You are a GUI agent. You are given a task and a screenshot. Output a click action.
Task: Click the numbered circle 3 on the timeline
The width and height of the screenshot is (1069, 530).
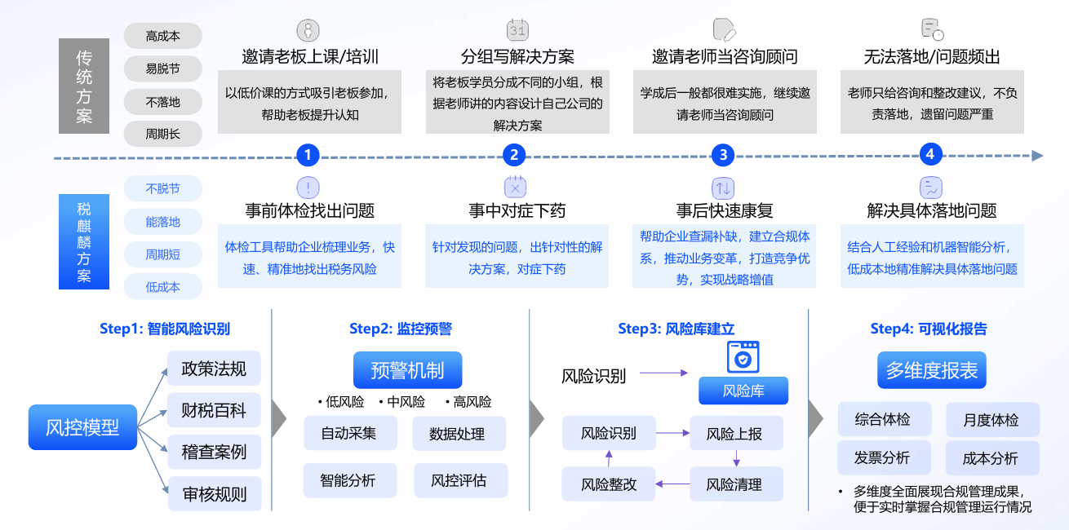[723, 155]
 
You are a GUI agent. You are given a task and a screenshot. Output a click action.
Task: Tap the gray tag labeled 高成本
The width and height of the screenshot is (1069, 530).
[162, 36]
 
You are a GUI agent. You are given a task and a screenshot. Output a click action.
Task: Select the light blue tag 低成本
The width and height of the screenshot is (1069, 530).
[162, 287]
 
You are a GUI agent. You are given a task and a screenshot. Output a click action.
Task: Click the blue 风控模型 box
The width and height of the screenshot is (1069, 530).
[82, 427]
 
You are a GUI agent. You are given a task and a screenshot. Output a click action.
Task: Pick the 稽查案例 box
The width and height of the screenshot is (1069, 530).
[214, 452]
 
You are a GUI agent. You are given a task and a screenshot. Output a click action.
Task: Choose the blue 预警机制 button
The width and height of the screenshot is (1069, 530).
[407, 370]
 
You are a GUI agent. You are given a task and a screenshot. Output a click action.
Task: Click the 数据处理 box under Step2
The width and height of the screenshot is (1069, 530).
[458, 434]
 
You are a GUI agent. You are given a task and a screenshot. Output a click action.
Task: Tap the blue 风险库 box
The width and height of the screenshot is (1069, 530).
[743, 391]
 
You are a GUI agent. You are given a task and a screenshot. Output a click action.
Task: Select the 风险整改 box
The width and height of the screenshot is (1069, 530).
[609, 484]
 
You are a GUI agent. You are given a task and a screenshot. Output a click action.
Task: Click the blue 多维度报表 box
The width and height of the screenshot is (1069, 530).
[932, 370]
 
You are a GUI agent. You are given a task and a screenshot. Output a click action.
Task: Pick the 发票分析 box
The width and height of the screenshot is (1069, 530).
[882, 458]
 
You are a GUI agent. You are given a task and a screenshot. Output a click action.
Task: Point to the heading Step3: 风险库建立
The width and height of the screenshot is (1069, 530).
[676, 329]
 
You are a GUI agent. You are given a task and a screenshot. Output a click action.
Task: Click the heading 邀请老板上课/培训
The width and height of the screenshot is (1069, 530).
[310, 57]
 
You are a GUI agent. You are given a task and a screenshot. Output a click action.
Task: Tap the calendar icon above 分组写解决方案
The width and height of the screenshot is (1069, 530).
[517, 30]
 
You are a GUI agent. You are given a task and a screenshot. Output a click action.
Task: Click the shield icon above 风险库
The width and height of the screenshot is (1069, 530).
[743, 357]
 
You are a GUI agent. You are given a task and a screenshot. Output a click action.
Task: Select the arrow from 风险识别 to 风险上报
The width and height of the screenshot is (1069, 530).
[673, 433]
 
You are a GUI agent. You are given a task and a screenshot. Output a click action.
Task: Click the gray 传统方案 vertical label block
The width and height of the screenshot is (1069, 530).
[84, 86]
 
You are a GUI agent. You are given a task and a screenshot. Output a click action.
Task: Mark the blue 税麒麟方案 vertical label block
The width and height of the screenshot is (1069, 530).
[84, 242]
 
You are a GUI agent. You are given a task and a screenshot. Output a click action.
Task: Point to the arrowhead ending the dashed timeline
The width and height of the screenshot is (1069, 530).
[1036, 156]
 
